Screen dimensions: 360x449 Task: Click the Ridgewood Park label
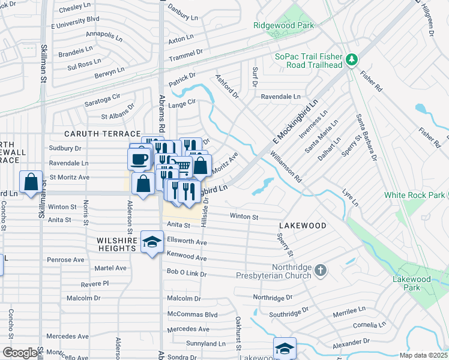pyautogui.click(x=284, y=26)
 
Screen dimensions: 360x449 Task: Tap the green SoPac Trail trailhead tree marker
pyautogui.click(x=351, y=60)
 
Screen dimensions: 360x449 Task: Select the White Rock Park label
pyautogui.click(x=414, y=196)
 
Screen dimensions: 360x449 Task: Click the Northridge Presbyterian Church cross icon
pyautogui.click(x=321, y=271)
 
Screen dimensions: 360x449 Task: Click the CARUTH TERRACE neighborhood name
pyautogui.click(x=103, y=134)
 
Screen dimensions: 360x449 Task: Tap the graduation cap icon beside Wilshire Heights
pyautogui.click(x=152, y=242)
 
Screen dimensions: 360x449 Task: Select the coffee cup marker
pyautogui.click(x=139, y=159)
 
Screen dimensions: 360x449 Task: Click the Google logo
pyautogui.click(x=20, y=353)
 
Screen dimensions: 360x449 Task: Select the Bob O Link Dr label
pyautogui.click(x=187, y=274)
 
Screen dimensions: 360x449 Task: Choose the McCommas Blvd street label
pyautogui.click(x=192, y=314)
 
